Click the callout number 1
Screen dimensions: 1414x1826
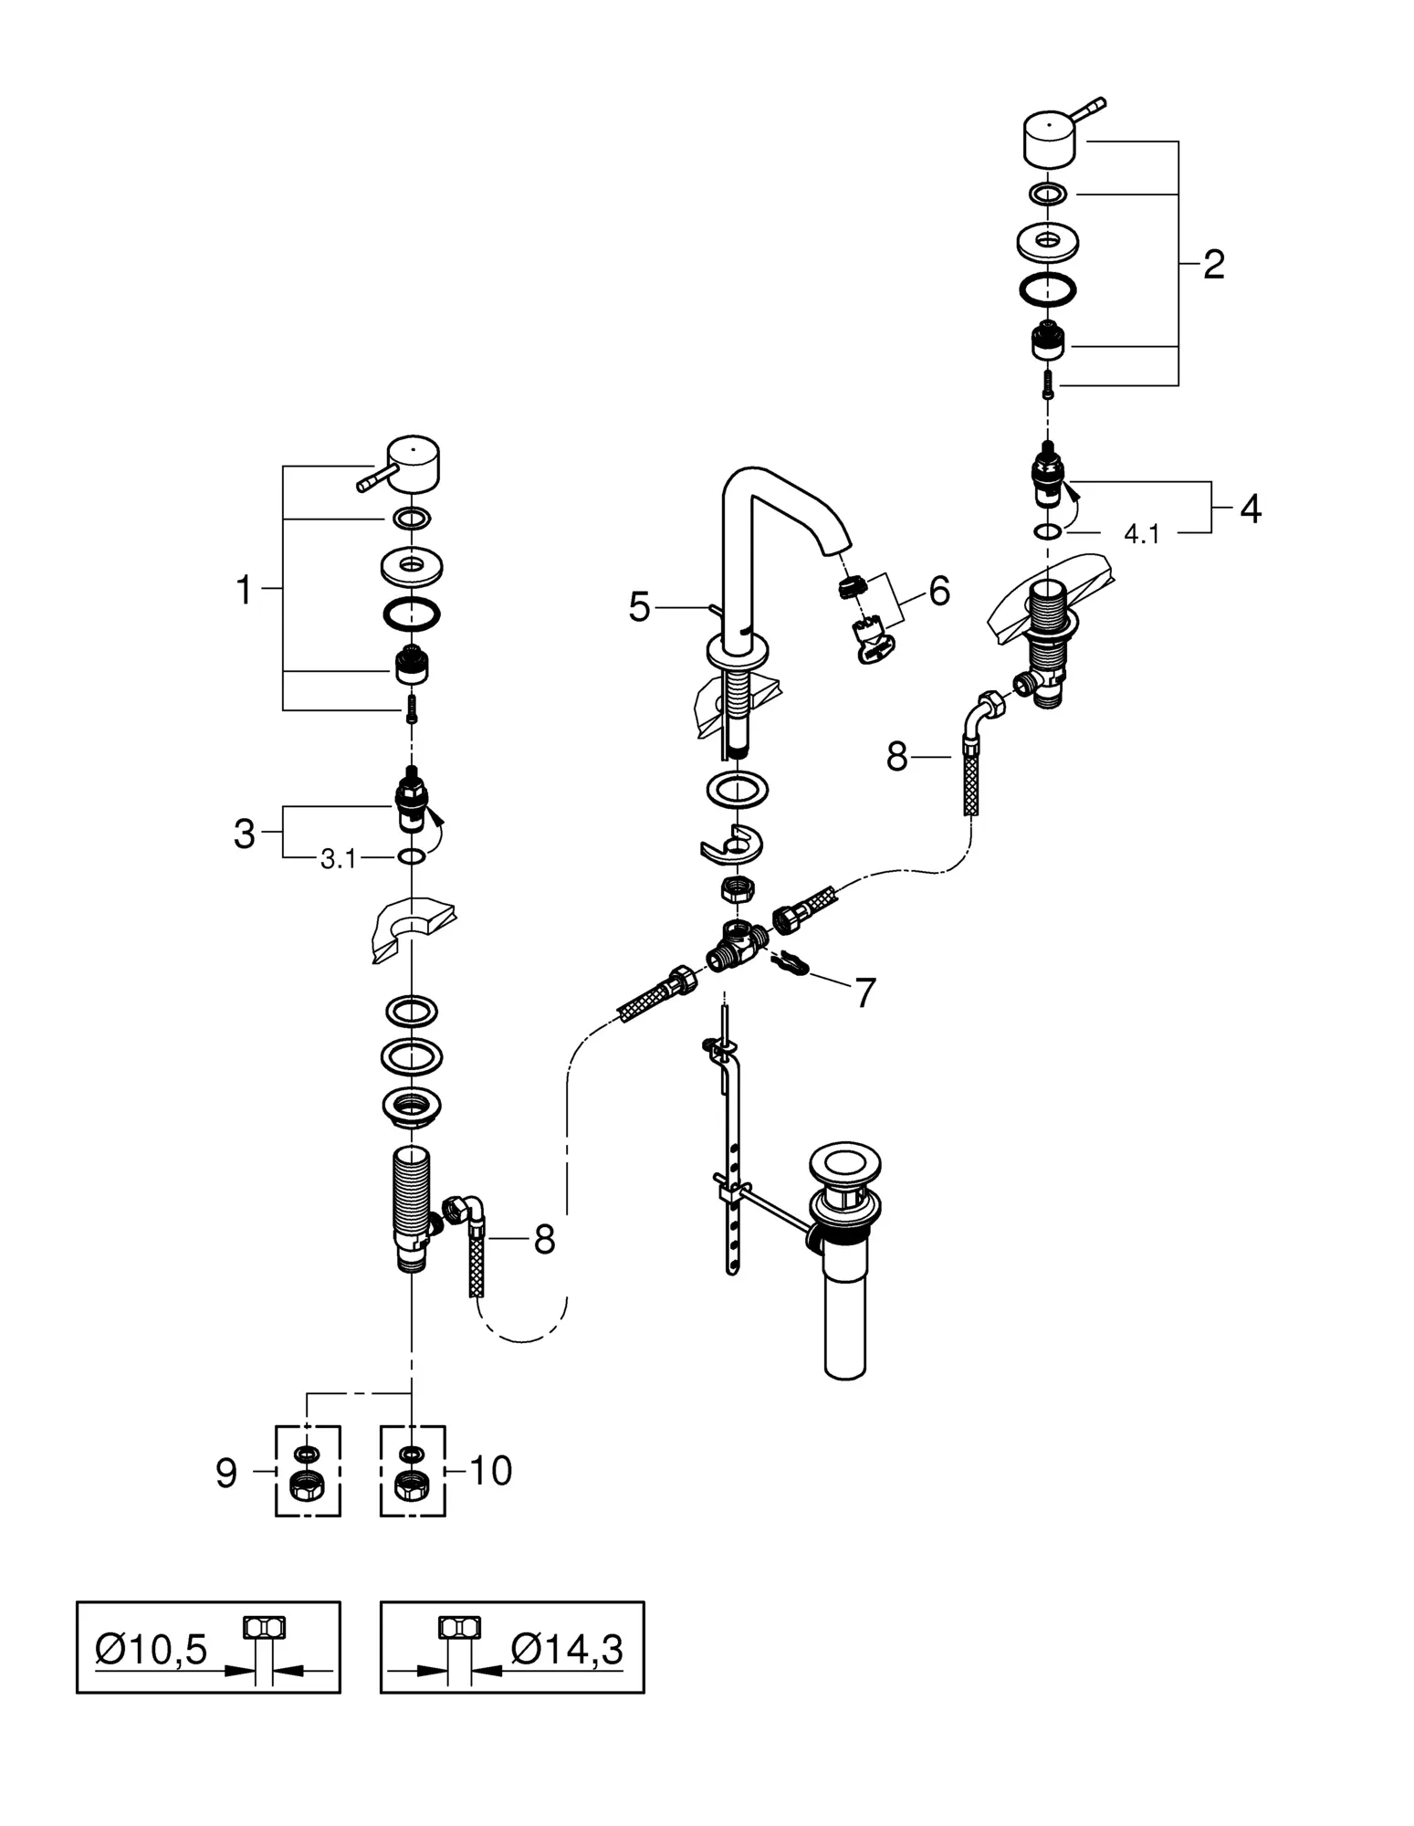click(x=244, y=591)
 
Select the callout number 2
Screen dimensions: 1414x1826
click(x=1213, y=265)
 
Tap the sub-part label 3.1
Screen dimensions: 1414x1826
click(x=338, y=859)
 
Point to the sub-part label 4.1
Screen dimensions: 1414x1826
click(x=1141, y=535)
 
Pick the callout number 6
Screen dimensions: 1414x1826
click(x=939, y=591)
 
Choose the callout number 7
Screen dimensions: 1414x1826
click(x=864, y=992)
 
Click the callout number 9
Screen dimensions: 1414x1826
click(x=226, y=1473)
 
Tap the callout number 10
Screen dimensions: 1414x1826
click(x=491, y=1471)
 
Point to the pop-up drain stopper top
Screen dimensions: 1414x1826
click(x=843, y=1171)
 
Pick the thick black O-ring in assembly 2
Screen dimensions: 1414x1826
click(x=1047, y=289)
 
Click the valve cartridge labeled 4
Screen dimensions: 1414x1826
click(x=1050, y=478)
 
